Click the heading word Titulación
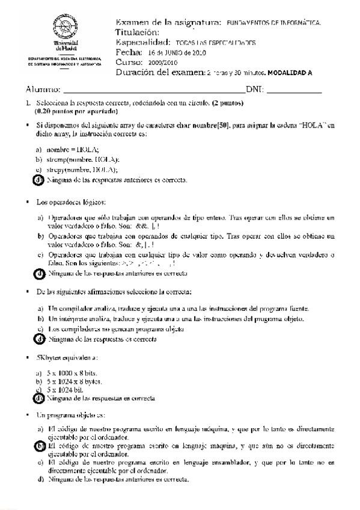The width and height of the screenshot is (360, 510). click(x=137, y=32)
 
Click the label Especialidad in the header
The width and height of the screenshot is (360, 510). click(x=143, y=43)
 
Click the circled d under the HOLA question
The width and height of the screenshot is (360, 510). click(x=39, y=179)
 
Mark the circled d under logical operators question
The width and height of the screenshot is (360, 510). click(x=39, y=273)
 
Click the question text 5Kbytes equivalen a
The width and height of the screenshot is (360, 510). click(x=67, y=357)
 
